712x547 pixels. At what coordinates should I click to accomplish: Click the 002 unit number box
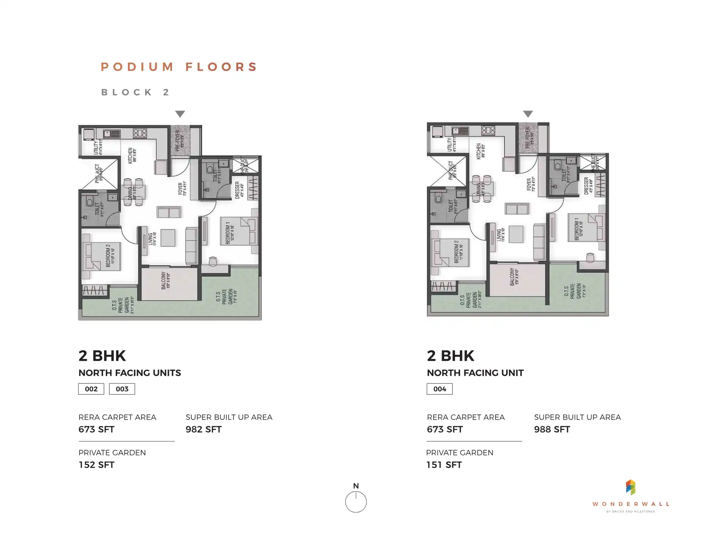point(91,389)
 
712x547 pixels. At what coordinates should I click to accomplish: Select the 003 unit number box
point(122,389)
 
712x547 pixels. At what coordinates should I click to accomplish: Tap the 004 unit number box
point(440,389)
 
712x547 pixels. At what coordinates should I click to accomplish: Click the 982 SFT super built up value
point(203,430)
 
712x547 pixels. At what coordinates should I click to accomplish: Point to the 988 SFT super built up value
point(552,430)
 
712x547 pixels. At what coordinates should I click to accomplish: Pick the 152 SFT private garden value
point(97,465)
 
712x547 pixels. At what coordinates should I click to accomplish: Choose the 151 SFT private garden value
point(444,465)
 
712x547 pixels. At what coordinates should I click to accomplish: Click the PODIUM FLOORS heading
point(179,67)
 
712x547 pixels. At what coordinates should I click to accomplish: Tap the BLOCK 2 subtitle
point(135,92)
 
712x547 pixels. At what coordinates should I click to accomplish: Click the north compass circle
point(356,502)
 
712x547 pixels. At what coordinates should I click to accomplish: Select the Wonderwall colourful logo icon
point(631,487)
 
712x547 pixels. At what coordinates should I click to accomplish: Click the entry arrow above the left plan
point(180,114)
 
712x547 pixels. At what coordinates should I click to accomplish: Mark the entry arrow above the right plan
point(528,114)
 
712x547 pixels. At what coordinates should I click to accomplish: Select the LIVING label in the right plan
point(501,235)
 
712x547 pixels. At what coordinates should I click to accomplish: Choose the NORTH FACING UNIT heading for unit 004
point(475,373)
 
